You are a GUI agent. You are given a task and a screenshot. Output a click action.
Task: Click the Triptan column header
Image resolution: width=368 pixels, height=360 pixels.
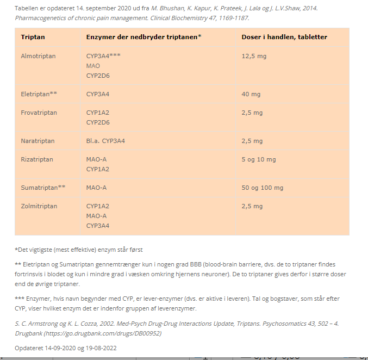[33, 37]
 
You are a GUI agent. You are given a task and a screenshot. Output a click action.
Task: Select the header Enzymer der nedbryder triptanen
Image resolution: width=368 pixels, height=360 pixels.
[144, 37]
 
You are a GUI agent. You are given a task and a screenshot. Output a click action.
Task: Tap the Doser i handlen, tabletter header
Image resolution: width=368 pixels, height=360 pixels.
[284, 37]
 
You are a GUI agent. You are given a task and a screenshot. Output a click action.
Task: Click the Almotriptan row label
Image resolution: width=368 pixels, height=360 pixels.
[38, 56]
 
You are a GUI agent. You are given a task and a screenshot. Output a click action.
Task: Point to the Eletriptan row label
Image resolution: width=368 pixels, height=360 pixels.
[39, 94]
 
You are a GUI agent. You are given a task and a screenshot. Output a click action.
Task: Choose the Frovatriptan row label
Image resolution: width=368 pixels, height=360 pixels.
[39, 113]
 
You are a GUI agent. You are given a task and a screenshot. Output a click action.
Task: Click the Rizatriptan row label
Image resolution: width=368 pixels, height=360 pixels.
[37, 159]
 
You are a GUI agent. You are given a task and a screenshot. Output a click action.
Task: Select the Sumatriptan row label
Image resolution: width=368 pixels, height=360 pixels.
[43, 188]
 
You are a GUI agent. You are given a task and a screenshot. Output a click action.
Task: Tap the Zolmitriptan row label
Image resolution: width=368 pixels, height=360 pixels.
[39, 206]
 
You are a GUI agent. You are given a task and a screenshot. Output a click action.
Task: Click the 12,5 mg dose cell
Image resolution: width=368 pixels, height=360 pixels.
[254, 56]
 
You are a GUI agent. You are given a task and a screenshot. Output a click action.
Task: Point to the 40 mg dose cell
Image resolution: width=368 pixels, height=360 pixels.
[251, 94]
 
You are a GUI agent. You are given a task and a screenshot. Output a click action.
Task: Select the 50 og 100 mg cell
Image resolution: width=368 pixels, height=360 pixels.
[262, 188]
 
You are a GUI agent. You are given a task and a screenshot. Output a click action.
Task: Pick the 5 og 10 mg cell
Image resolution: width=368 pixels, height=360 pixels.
[258, 159]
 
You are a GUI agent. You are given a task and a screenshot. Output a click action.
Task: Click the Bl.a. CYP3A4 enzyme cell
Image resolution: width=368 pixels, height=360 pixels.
[105, 141]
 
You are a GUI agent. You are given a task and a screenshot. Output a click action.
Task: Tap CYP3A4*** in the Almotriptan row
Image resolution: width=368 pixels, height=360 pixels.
[103, 56]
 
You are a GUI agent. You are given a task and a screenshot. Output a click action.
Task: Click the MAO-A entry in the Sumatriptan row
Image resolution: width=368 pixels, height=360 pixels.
[96, 188]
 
